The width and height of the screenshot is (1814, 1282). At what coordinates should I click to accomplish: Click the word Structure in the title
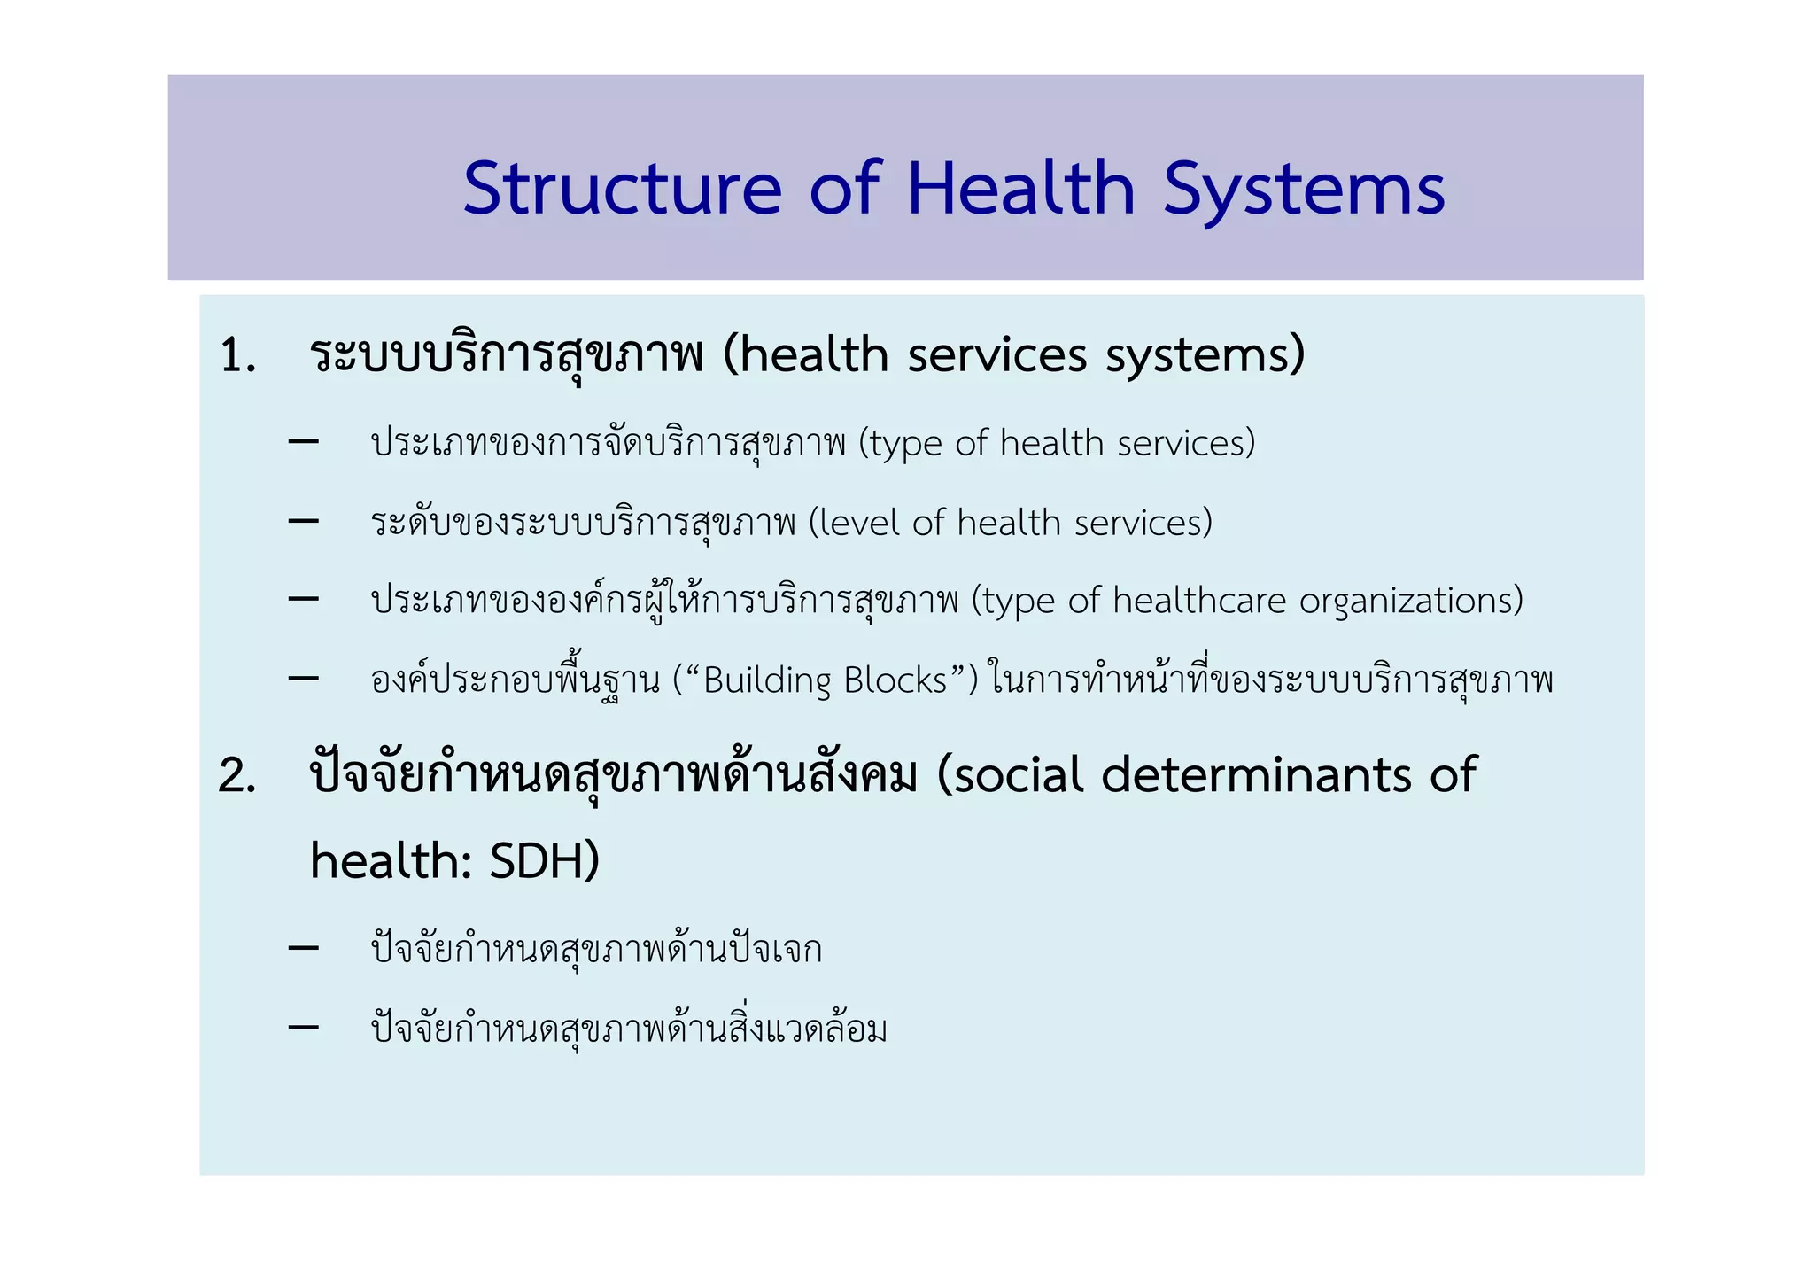(x=622, y=189)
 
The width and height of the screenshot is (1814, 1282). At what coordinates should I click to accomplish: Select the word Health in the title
(x=1020, y=189)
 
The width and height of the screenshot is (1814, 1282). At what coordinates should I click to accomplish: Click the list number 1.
(x=236, y=356)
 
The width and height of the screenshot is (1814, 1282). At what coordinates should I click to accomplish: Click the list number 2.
(x=236, y=777)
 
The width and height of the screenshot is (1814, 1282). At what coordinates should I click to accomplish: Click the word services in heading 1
(x=998, y=356)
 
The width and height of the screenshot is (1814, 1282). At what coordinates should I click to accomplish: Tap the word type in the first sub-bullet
(x=904, y=444)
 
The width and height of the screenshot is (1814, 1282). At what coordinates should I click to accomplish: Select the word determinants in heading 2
(x=1257, y=775)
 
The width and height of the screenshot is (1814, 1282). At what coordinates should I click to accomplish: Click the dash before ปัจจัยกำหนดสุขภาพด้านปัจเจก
(x=304, y=949)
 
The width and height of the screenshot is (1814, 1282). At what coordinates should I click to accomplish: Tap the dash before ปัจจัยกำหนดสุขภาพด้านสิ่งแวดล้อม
(x=304, y=1028)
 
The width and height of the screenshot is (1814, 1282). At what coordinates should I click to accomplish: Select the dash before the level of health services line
(x=304, y=522)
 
